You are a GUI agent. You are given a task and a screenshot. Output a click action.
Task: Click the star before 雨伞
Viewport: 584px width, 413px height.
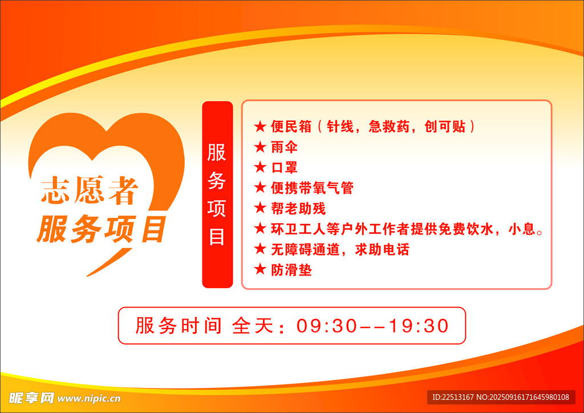pos(260,147)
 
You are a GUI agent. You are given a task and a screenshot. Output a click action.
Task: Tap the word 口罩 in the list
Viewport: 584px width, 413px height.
pos(285,168)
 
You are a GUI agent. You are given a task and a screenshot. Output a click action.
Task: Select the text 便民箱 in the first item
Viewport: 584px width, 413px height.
pos(291,127)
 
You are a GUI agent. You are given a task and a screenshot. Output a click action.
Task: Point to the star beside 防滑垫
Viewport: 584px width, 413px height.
pos(260,269)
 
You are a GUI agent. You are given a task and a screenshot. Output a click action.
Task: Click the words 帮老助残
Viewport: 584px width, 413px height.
pos(298,208)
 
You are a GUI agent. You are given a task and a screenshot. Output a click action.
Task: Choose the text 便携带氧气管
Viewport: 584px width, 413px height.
pos(312,188)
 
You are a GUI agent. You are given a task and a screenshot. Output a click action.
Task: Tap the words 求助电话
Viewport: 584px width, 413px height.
pos(382,249)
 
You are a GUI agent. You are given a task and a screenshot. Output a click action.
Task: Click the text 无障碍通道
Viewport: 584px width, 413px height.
pos(305,249)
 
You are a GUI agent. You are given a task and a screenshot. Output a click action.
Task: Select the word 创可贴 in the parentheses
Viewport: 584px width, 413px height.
pos(445,127)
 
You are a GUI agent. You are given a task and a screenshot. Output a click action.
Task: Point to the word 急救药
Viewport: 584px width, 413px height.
pos(389,127)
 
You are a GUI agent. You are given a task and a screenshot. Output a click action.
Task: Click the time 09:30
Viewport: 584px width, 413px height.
pos(326,326)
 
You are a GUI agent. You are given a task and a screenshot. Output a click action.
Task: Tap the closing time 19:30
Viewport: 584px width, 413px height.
pos(419,326)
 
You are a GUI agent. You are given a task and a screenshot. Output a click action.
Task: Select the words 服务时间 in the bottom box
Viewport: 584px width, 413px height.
pos(179,326)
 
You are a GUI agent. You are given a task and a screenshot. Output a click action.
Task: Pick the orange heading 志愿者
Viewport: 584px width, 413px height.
pos(90,191)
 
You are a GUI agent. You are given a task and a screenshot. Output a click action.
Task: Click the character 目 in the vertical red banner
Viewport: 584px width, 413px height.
pos(217,236)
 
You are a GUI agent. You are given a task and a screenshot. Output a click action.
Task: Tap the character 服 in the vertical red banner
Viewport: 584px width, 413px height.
pos(217,153)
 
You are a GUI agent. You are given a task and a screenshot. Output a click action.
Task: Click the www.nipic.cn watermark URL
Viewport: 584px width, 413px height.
pos(89,399)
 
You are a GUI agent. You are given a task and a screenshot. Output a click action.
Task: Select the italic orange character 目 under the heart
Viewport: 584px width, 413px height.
pos(153,229)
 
